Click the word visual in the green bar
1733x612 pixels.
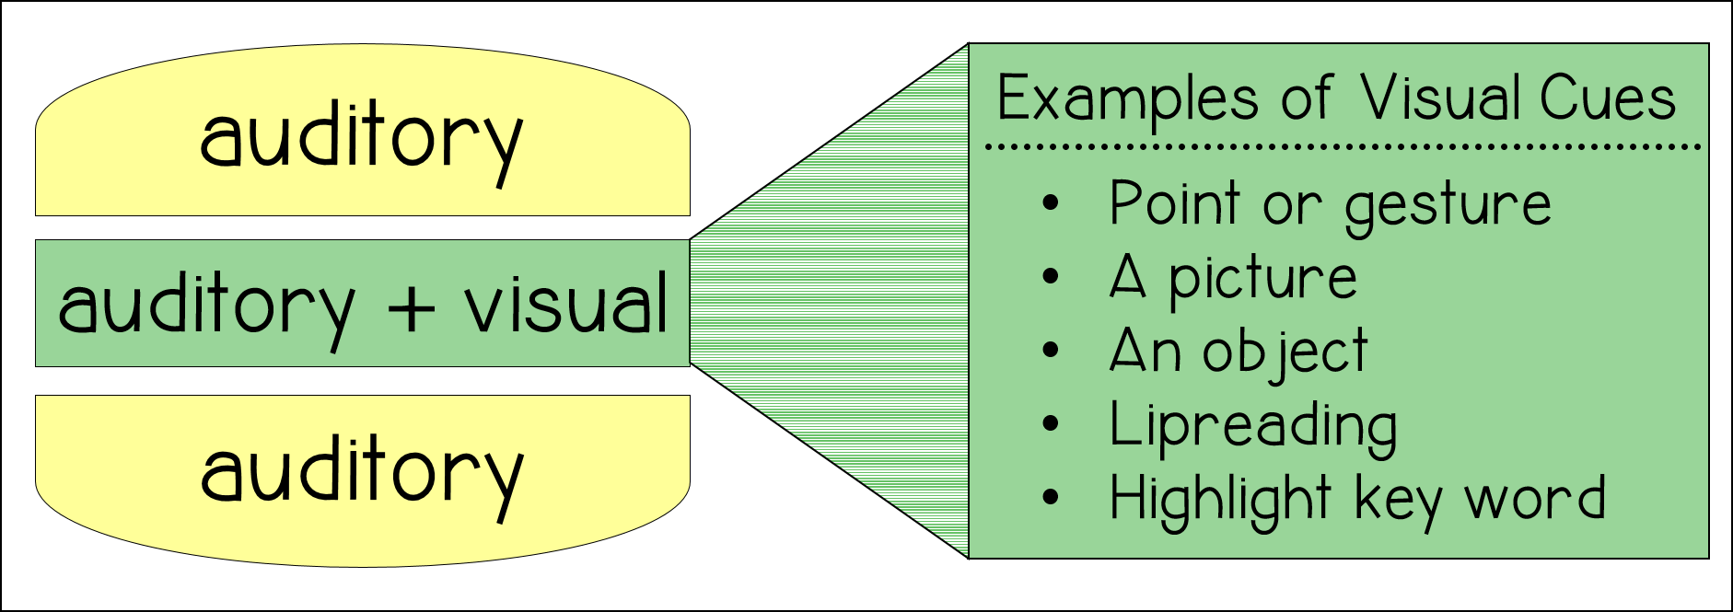pos(565,304)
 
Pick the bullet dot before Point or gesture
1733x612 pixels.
pos(1051,203)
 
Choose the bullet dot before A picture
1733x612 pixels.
pos(1051,277)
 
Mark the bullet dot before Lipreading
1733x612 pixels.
pos(1051,424)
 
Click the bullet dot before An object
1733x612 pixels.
pos(1051,351)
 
